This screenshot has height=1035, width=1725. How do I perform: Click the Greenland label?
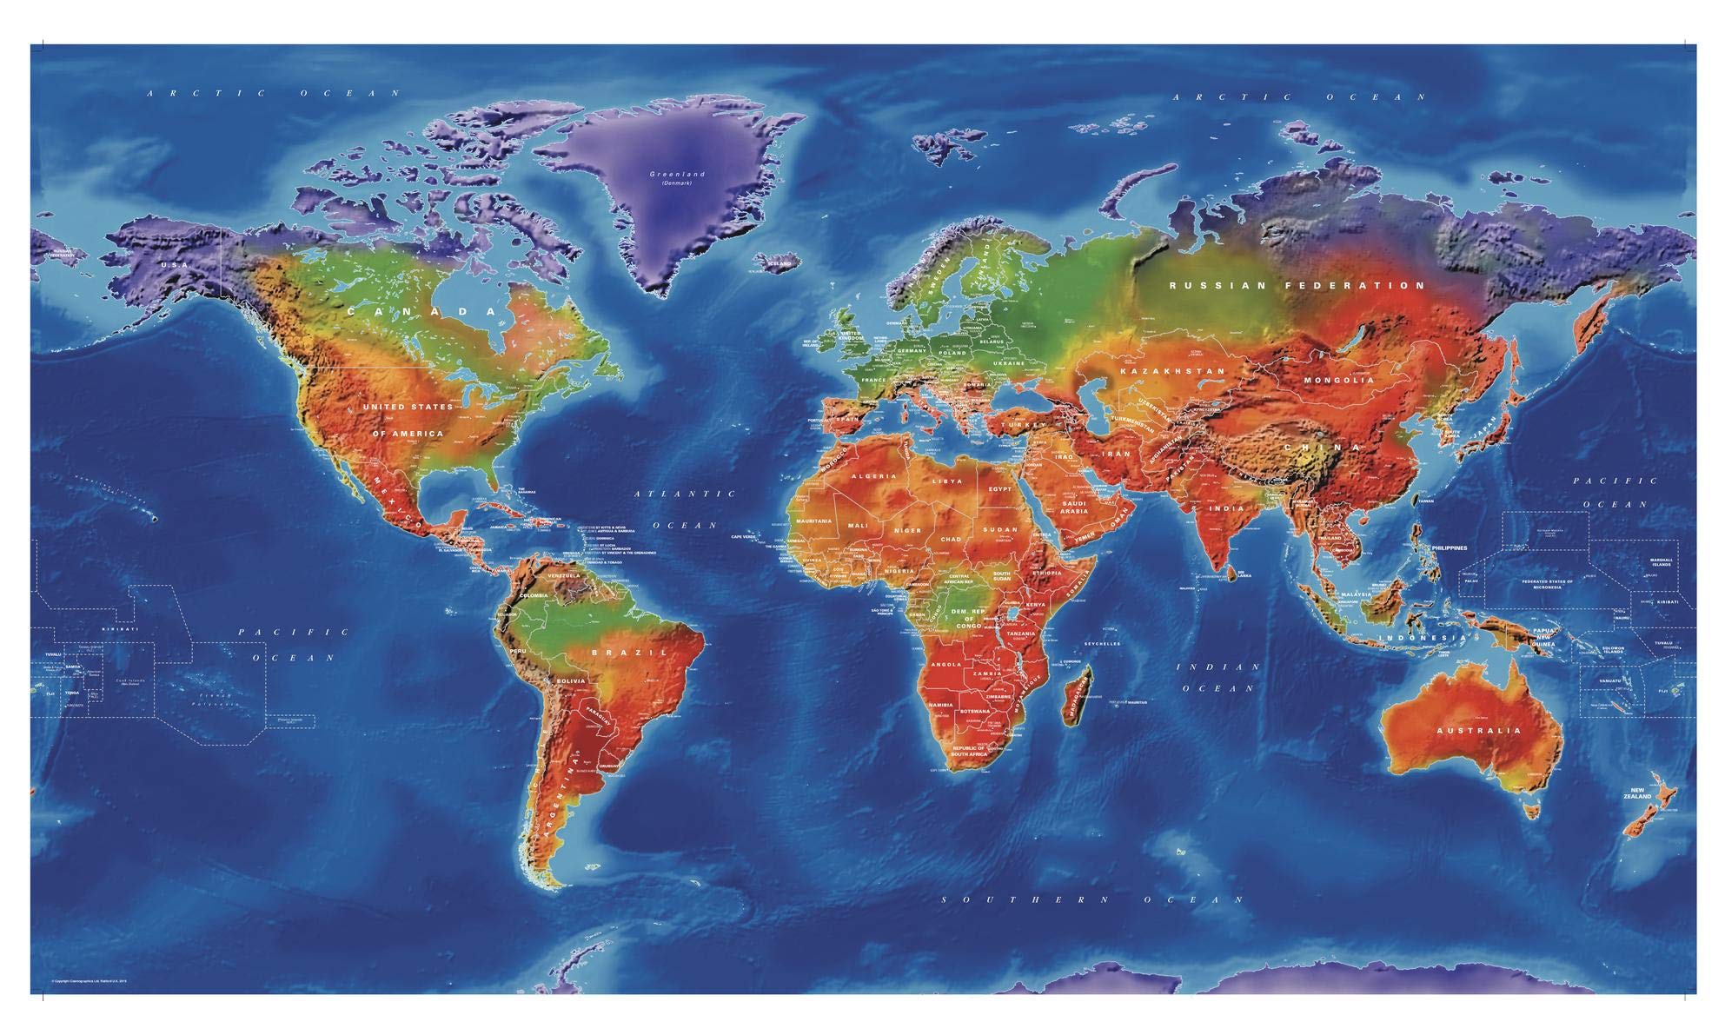pos(677,175)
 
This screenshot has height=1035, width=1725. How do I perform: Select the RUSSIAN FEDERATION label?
pos(1297,285)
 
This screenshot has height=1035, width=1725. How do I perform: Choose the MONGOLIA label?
pos(1339,380)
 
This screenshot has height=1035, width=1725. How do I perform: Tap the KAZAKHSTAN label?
pos(1172,371)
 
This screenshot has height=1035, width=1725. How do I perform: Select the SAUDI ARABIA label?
pos(1074,508)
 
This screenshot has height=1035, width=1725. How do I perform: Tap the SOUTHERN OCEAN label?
pos(1093,899)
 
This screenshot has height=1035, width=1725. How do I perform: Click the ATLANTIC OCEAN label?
pos(685,509)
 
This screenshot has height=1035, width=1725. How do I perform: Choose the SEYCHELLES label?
pos(1102,644)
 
